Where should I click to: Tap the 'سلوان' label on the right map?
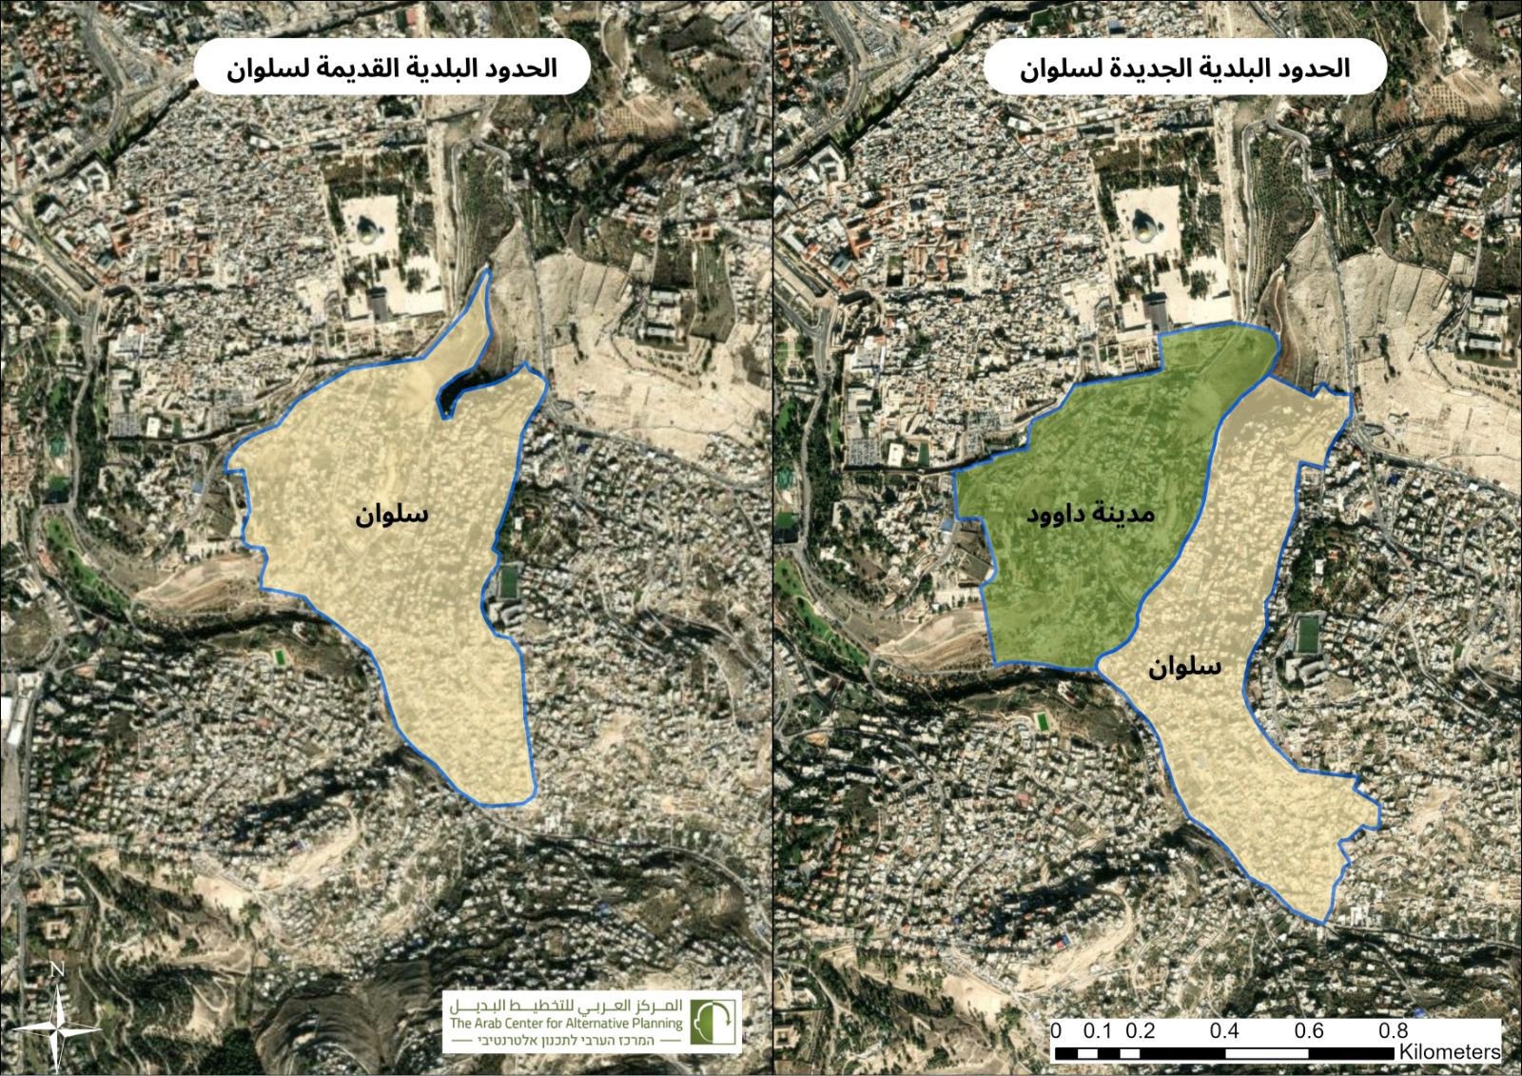pos(1183,666)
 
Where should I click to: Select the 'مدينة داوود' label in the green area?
pos(1089,515)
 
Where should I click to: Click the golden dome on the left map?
pos(365,229)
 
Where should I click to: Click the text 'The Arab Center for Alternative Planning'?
pos(567,1024)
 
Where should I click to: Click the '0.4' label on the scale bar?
pos(1226,1030)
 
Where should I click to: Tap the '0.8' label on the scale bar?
pos(1395,1030)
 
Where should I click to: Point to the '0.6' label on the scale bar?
pos(1310,1030)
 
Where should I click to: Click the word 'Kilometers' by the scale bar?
pos(1449,1052)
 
